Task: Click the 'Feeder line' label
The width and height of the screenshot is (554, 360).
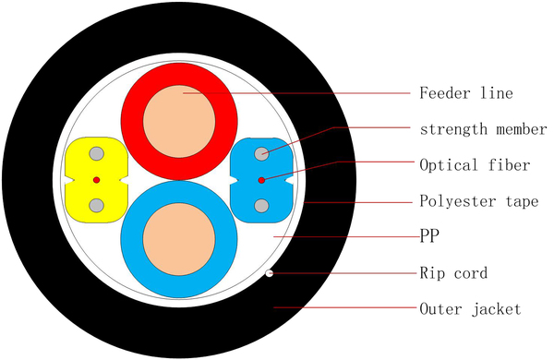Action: point(465,94)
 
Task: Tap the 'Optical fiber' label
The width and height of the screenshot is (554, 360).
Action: point(475,166)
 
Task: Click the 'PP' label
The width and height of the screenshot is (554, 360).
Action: point(428,236)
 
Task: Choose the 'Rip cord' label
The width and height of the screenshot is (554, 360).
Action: point(452,273)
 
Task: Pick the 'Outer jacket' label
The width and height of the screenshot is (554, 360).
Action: point(470,309)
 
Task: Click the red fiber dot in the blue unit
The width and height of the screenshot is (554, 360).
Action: point(262,179)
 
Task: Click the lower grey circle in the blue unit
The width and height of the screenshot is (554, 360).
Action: point(262,204)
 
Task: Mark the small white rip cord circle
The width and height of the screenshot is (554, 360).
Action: point(270,272)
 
